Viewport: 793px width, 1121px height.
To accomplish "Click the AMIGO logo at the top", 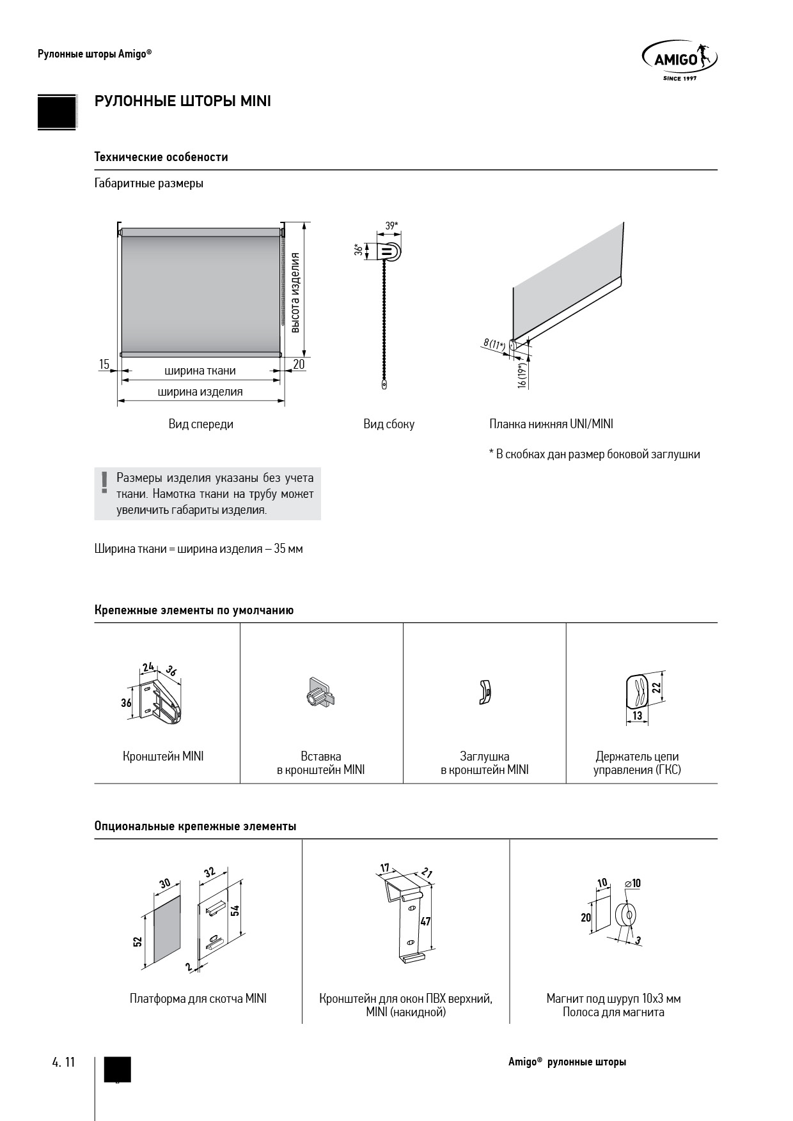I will click(679, 61).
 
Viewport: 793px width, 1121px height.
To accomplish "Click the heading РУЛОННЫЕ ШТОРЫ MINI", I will click(183, 102).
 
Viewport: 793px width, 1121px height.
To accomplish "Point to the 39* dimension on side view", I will click(391, 226).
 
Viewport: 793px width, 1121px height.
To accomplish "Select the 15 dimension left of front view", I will click(104, 364).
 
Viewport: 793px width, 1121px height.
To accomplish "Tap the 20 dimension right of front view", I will click(299, 364).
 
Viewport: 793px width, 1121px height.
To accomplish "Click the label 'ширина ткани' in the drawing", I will click(200, 371).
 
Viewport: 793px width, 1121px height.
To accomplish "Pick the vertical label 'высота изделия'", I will click(295, 293).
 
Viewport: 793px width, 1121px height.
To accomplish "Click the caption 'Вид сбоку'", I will click(389, 424).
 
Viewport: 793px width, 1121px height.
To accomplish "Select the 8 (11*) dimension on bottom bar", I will click(494, 344).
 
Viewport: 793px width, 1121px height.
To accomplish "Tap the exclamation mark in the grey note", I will click(102, 483).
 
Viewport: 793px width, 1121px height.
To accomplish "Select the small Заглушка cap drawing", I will click(484, 692).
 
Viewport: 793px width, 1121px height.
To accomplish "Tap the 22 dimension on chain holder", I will click(656, 688).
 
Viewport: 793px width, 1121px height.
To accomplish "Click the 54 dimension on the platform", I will click(235, 910).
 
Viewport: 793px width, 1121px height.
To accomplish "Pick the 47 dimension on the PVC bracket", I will click(425, 921).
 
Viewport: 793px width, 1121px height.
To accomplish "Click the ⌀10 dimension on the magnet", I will click(632, 883).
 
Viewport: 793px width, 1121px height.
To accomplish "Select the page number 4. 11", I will click(63, 1062).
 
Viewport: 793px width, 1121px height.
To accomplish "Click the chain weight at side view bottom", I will click(384, 385).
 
